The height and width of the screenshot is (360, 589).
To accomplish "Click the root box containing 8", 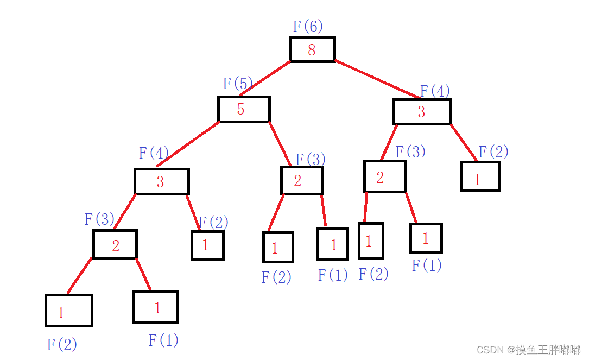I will [312, 49].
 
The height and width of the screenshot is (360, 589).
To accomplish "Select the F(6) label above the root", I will [308, 26].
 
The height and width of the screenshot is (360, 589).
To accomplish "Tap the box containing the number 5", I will [244, 109].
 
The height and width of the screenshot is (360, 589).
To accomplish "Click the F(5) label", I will [238, 84].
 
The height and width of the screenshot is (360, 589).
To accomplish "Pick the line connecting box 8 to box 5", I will [265, 78].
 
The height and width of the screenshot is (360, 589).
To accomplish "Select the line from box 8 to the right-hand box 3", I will [377, 79].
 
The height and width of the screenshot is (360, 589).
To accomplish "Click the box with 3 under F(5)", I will [161, 181].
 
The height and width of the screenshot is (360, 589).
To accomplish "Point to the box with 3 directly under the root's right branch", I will [422, 112].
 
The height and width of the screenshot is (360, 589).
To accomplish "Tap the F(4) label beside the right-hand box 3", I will [435, 91].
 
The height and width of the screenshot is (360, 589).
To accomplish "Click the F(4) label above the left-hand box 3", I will [154, 153].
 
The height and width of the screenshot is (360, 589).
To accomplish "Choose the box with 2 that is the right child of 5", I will [301, 180].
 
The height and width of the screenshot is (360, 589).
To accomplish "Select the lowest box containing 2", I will [115, 245].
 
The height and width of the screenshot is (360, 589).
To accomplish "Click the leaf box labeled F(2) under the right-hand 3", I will [480, 176].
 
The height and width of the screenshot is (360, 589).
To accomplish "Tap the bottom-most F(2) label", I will [62, 344].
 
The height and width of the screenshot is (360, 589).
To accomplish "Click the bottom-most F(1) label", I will [163, 340].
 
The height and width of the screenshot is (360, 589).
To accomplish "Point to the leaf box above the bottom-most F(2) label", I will [69, 311].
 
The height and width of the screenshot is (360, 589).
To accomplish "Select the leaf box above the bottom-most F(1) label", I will [155, 307].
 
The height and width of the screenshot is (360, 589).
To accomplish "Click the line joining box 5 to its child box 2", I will [280, 143].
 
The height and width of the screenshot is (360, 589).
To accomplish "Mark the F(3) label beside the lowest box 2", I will [99, 219].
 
